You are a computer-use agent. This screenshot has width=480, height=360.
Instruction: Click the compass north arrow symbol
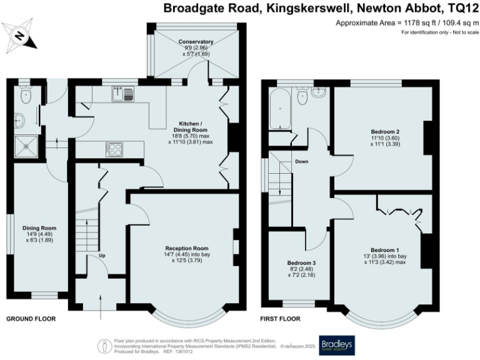[19, 36]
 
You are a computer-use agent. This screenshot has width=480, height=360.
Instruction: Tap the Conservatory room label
[195, 42]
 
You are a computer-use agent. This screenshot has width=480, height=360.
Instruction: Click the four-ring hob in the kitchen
[116, 149]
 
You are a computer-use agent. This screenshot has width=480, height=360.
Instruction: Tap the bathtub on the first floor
[279, 109]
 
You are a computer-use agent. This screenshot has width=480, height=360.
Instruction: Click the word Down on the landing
[302, 161]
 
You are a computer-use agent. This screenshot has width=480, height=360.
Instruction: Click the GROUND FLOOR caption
[31, 319]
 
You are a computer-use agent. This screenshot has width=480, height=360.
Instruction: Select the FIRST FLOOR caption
[280, 319]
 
